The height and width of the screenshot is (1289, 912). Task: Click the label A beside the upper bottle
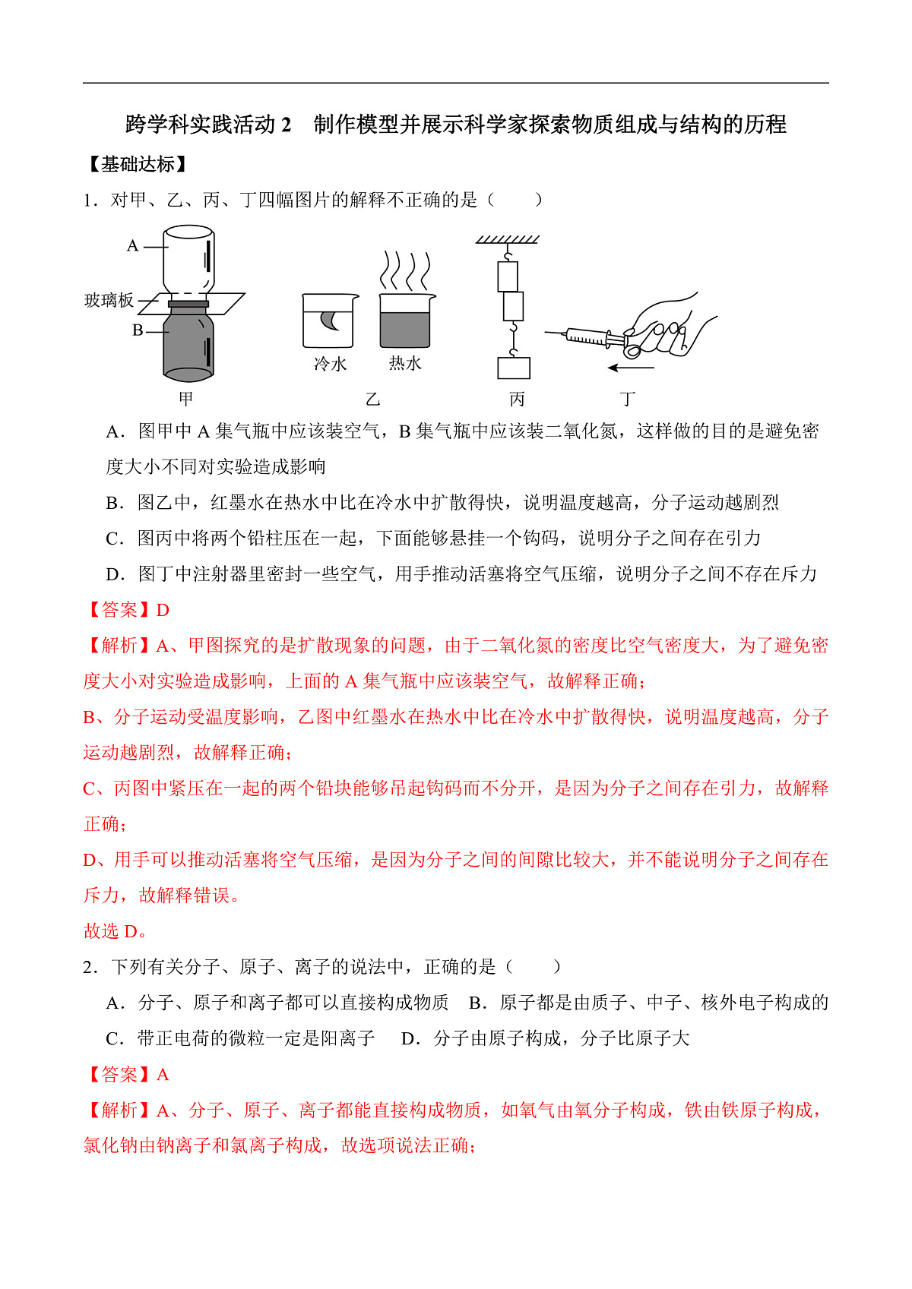coord(133,246)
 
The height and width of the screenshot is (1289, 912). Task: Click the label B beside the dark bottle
coord(138,330)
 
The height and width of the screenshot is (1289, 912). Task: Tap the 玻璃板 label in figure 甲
coord(109,301)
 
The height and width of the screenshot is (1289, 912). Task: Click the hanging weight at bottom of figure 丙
coord(514,368)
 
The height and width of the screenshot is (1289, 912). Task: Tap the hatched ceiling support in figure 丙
coord(508,239)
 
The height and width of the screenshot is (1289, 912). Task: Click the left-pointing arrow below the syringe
coord(631,368)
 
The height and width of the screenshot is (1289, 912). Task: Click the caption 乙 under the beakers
coord(372,400)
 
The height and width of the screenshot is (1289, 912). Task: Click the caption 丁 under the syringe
coord(627,400)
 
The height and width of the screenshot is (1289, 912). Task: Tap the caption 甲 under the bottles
coord(186,400)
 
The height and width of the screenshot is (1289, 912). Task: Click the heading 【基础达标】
coord(138,165)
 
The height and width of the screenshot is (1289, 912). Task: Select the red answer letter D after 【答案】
coord(163,611)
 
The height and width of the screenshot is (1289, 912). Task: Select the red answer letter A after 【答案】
coord(163,1076)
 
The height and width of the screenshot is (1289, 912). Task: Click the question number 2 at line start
coord(88,968)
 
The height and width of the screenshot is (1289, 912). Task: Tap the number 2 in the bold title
coord(286,125)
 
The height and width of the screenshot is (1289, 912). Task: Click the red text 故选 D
coord(115,932)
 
